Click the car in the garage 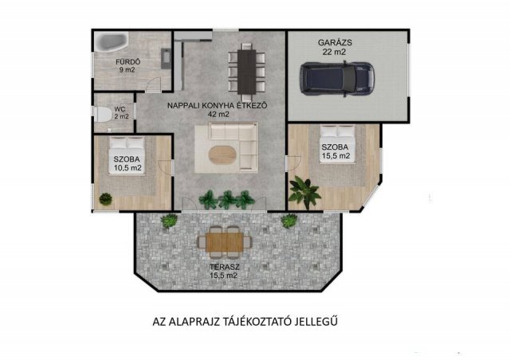click(x=337, y=78)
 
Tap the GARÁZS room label click(x=335, y=42)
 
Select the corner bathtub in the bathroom click(x=112, y=41)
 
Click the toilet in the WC click(x=102, y=114)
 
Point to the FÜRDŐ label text click(x=127, y=62)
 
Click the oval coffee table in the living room click(x=222, y=155)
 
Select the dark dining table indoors click(x=247, y=72)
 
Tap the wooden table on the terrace click(x=225, y=242)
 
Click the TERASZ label click(x=225, y=268)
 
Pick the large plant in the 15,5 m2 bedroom click(x=304, y=192)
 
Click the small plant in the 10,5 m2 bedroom click(x=105, y=198)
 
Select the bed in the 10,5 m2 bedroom click(x=127, y=156)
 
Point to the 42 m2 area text click(x=218, y=115)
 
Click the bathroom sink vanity click(x=166, y=59)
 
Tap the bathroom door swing click(x=153, y=85)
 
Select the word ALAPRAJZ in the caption click(x=192, y=321)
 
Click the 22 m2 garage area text click(x=334, y=52)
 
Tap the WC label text click(x=120, y=109)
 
